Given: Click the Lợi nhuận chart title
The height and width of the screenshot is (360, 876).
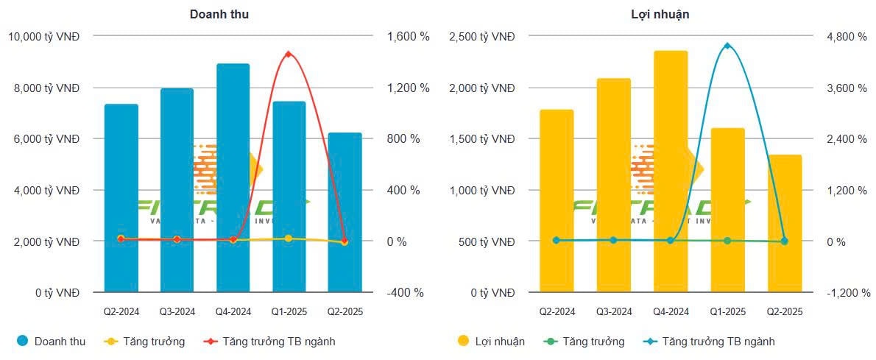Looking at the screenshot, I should (660, 14).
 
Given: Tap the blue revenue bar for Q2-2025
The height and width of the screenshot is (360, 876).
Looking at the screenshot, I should (345, 213).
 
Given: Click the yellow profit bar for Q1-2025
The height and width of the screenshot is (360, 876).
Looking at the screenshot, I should (727, 211).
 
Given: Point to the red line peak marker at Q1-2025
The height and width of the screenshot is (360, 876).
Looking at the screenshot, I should (288, 54).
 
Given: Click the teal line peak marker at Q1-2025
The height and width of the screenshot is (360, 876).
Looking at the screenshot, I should (727, 46).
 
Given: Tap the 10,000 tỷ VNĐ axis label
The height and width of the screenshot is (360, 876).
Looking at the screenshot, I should (43, 36).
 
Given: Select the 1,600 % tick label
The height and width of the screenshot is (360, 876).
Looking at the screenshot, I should (406, 36).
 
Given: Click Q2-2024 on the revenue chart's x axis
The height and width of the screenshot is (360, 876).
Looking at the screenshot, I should (121, 312).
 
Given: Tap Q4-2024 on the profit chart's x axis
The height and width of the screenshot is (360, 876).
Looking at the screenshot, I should (671, 312).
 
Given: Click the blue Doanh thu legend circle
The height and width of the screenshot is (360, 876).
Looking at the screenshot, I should (22, 342).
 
